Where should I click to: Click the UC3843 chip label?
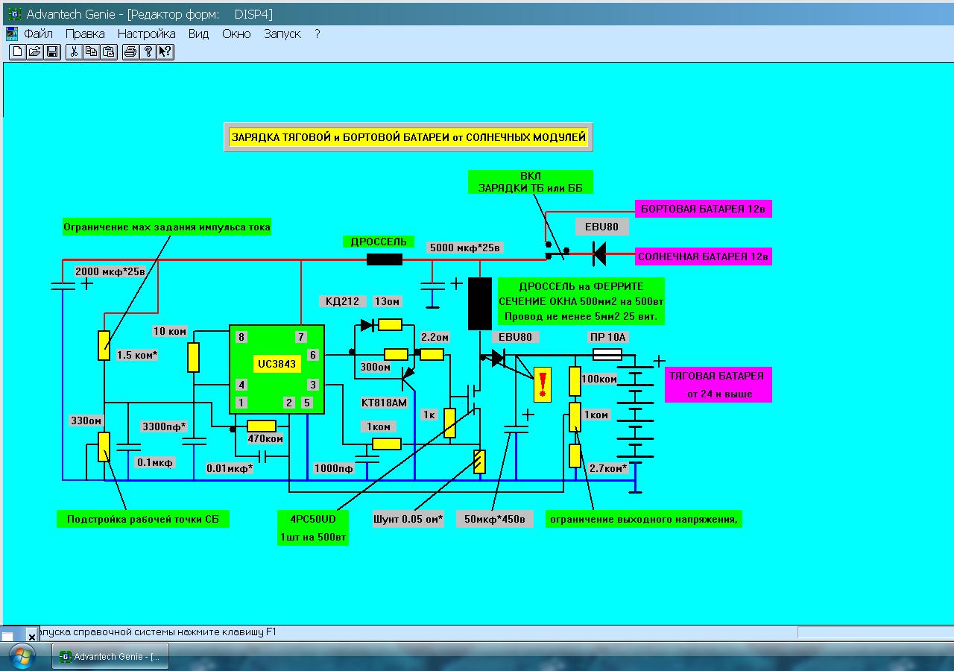[277, 364]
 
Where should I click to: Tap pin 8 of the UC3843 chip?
[241, 337]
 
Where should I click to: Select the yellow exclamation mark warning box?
[542, 385]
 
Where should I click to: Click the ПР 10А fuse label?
[607, 337]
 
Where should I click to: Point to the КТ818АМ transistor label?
[384, 403]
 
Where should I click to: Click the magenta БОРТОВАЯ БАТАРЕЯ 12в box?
[703, 209]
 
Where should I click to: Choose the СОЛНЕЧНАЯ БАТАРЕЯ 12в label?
[703, 256]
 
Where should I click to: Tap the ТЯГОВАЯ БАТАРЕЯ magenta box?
[718, 385]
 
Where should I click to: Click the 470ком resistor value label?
[265, 438]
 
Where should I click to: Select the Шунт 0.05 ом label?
[408, 519]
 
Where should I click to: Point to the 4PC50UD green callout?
[313, 528]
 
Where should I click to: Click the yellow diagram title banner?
[408, 137]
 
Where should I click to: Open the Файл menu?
[38, 34]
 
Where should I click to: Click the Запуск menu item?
[282, 34]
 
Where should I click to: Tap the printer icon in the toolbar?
[130, 52]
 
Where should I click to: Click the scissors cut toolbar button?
[74, 52]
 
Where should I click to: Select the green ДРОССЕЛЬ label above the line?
[378, 242]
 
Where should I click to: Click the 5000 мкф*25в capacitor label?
[464, 248]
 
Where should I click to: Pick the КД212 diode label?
[342, 301]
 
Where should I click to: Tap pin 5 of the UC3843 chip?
[306, 403]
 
